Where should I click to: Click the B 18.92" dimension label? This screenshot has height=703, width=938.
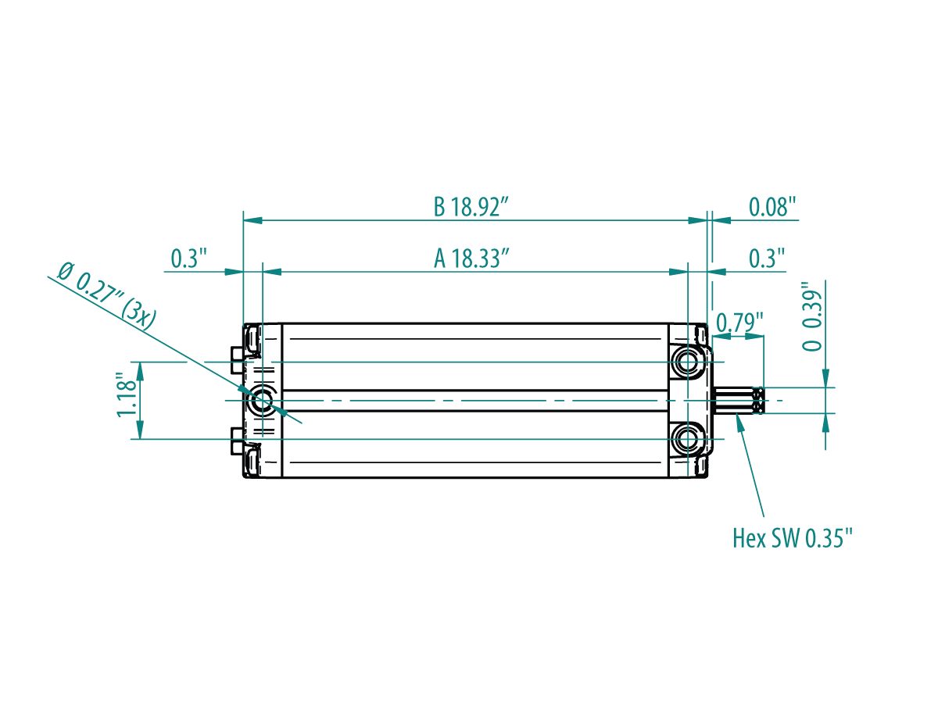[471, 207]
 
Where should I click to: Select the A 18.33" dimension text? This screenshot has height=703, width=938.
[471, 259]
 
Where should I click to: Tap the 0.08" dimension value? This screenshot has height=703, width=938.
[772, 207]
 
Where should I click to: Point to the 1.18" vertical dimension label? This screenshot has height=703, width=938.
[127, 394]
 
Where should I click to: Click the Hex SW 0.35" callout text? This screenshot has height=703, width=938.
[793, 538]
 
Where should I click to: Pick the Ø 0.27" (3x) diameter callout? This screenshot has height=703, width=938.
[106, 296]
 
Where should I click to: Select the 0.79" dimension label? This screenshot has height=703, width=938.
[739, 323]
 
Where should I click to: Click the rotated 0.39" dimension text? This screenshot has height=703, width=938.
[811, 316]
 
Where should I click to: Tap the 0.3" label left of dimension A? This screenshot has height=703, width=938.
[189, 259]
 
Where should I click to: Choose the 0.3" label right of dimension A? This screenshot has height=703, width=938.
[767, 259]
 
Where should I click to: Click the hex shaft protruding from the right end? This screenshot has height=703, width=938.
[738, 401]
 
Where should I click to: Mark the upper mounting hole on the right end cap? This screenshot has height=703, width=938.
[688, 362]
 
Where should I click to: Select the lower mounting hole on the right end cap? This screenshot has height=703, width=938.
[688, 439]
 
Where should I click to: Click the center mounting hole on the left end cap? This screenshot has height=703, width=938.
[263, 401]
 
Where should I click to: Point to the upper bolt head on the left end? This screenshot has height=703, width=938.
[237, 360]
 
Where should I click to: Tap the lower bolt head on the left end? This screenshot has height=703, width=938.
[237, 441]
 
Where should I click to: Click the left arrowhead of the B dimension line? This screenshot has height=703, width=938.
[252, 220]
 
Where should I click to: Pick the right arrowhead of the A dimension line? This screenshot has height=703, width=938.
[678, 272]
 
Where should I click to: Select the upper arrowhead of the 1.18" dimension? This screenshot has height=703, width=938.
[140, 371]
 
